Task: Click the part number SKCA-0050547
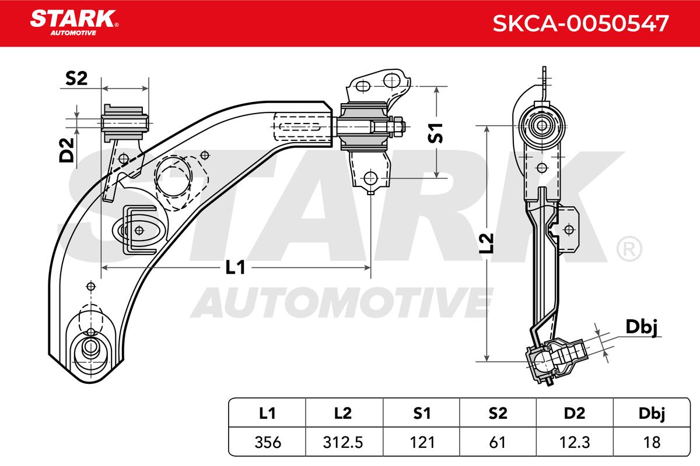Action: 580,23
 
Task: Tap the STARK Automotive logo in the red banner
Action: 75,23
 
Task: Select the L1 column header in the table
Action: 267,413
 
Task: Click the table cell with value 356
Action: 268,442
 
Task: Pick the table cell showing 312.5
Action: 343,442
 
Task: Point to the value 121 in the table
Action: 422,442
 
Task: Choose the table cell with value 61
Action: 497,442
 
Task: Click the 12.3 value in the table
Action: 575,442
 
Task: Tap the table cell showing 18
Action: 652,442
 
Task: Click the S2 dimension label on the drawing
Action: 76,78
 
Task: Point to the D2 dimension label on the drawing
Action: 66,150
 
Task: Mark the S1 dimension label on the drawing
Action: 435,133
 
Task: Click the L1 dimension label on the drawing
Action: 235,268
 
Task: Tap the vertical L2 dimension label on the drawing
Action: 487,243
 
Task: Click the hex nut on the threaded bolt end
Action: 397,127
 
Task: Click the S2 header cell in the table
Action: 498,413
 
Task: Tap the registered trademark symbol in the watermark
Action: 629,249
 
